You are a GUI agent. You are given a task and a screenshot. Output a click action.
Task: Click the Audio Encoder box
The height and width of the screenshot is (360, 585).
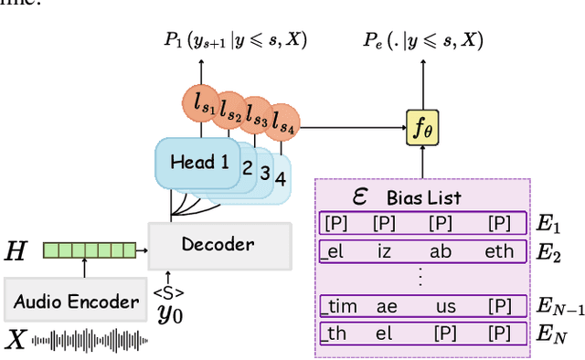click(x=75, y=302)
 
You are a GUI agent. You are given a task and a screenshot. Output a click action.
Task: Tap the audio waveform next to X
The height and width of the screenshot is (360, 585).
click(x=90, y=342)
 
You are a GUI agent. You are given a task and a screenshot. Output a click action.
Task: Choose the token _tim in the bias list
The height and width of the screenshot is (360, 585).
click(x=340, y=307)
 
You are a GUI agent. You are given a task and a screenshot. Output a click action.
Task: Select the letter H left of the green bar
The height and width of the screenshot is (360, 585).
click(x=16, y=249)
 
